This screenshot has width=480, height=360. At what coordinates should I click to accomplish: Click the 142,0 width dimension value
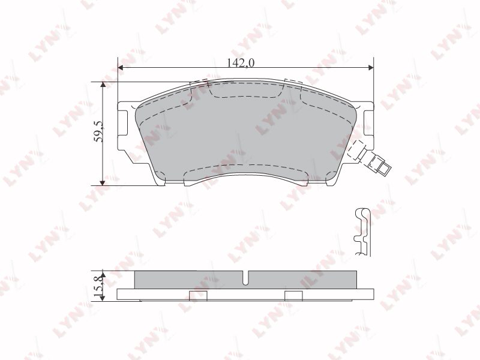pyautogui.click(x=241, y=63)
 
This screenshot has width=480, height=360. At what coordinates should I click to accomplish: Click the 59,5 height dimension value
pyautogui.click(x=99, y=131)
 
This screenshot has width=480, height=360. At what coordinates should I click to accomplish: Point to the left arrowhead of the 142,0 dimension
pyautogui.click(x=121, y=67)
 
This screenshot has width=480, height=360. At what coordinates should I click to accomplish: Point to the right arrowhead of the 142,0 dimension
pyautogui.click(x=371, y=67)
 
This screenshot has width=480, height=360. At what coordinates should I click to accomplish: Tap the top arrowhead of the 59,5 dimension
pyautogui.click(x=103, y=85)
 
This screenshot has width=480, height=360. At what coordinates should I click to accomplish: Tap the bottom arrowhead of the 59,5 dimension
pyautogui.click(x=103, y=183)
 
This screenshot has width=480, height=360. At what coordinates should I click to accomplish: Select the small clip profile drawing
pyautogui.click(x=363, y=232)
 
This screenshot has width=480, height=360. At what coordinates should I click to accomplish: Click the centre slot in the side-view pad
pyautogui.click(x=245, y=278)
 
